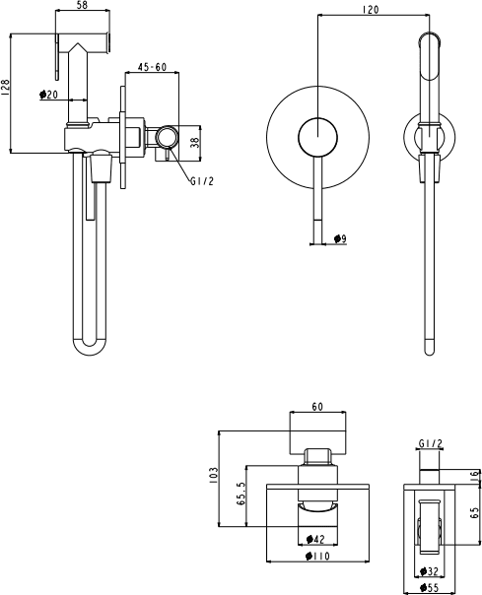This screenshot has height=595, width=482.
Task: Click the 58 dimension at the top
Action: pyautogui.click(x=83, y=5)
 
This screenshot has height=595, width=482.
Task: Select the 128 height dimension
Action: pyautogui.click(x=5, y=87)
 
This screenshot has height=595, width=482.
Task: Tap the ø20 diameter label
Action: pyautogui.click(x=48, y=94)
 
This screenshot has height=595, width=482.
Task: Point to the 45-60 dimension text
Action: pyautogui.click(x=152, y=67)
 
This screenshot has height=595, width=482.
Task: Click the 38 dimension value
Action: pyautogui.click(x=194, y=142)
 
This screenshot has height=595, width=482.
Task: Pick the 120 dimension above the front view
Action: pyautogui.click(x=371, y=9)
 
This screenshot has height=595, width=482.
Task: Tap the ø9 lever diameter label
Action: pyautogui.click(x=340, y=238)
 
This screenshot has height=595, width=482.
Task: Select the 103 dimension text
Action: pyautogui.click(x=214, y=475)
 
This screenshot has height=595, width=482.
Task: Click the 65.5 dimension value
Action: pyautogui.click(x=241, y=494)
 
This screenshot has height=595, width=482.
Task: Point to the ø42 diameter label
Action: pyautogui.click(x=315, y=539)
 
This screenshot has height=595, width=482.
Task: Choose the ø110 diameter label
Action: pyautogui.click(x=317, y=557)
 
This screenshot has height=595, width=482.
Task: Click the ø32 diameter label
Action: pyautogui.click(x=429, y=570)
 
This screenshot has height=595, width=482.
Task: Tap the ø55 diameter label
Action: pyautogui.click(x=429, y=588)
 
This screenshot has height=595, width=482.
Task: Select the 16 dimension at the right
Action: pyautogui.click(x=475, y=475)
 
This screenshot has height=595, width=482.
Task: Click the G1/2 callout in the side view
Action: pyautogui.click(x=202, y=181)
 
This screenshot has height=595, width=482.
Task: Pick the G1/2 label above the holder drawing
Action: pyautogui.click(x=431, y=443)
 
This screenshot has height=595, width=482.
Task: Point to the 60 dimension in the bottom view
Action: pyautogui.click(x=317, y=407)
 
